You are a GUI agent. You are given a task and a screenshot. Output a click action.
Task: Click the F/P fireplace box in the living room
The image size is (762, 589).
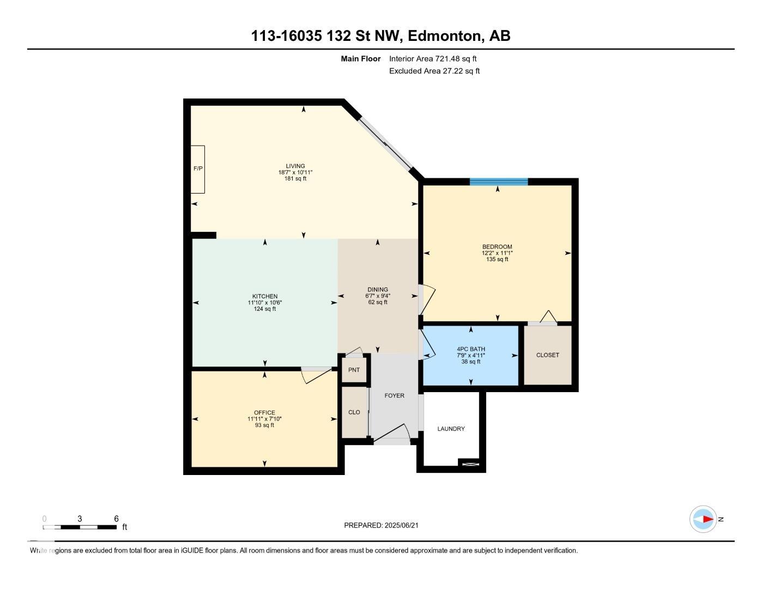tap(197, 169)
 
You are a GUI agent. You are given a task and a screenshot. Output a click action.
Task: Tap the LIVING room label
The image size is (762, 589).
tap(295, 166)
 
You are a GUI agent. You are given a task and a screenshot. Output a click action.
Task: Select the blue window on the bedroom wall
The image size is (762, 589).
tap(499, 182)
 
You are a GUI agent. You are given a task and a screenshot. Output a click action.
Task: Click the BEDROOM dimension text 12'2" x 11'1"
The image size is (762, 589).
tap(497, 253)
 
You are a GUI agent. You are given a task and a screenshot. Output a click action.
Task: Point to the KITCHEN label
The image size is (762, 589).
tap(265, 297)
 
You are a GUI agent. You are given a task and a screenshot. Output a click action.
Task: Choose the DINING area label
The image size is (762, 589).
tap(378, 290)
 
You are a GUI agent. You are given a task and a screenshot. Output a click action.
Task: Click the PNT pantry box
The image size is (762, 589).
tap(354, 370)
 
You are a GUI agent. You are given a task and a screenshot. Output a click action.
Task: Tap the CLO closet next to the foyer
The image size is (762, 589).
tap(354, 412)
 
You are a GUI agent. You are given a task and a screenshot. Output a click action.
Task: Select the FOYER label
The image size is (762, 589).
tap(395, 396)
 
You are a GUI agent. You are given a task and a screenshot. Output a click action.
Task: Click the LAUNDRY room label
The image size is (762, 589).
tap(451, 429)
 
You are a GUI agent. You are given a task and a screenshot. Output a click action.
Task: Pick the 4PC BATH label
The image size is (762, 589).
tap(471, 349)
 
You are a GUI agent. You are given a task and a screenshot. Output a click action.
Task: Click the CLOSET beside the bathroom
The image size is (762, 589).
tap(547, 355)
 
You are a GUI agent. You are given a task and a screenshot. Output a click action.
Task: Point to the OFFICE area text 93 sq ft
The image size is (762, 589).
tap(264, 425)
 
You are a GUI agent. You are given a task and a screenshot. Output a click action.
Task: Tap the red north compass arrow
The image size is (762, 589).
tap(709, 519)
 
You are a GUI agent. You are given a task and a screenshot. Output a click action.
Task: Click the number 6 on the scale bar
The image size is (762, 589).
tap(117, 519)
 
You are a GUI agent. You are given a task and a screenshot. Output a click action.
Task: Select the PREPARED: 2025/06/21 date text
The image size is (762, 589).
tap(381, 525)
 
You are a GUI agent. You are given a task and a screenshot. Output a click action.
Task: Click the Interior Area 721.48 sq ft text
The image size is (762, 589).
tap(433, 59)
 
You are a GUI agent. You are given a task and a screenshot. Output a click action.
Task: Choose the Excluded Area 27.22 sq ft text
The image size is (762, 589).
tap(434, 71)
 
